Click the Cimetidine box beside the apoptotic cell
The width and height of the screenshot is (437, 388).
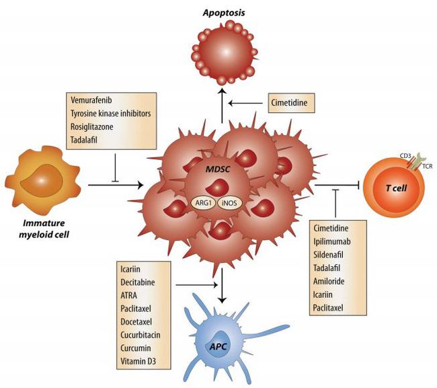click(291, 104)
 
